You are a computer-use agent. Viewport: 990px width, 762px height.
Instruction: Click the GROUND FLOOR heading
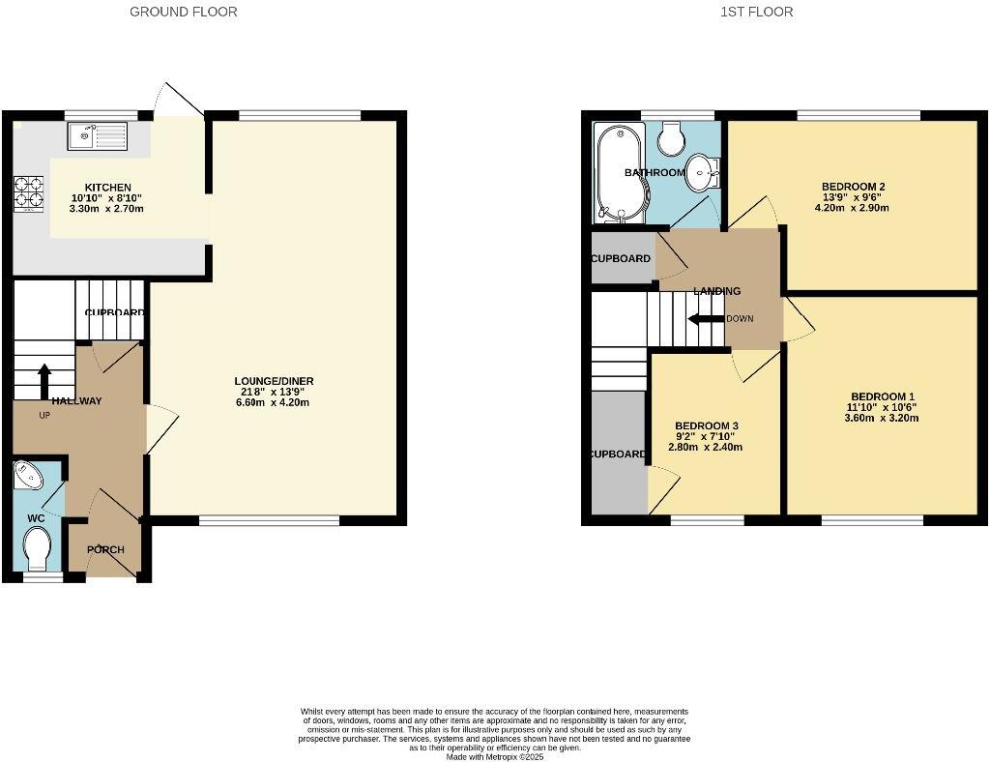[184, 12]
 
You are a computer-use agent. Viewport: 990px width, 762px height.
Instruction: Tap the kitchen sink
[97, 136]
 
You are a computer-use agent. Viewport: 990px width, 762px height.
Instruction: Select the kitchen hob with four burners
[28, 193]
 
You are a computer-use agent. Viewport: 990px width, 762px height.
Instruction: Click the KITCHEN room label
[107, 188]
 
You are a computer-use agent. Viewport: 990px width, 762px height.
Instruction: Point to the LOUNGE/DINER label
[274, 381]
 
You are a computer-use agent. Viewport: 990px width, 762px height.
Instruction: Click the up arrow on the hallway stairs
[44, 379]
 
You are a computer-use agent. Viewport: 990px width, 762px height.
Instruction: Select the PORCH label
[105, 550]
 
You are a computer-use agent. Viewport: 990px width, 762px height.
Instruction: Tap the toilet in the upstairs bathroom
[671, 139]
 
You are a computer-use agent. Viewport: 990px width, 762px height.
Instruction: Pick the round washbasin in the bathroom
[701, 173]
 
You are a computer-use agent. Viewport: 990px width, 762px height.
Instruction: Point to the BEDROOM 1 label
[882, 396]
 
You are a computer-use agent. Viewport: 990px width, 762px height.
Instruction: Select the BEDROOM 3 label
[706, 426]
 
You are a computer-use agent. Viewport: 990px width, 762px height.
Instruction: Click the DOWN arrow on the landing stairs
[706, 319]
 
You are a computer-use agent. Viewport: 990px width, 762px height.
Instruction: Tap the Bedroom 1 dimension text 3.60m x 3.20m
[882, 419]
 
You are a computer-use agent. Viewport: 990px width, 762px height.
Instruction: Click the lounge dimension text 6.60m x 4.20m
[274, 403]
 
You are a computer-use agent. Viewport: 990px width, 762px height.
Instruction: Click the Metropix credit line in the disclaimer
[494, 756]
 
